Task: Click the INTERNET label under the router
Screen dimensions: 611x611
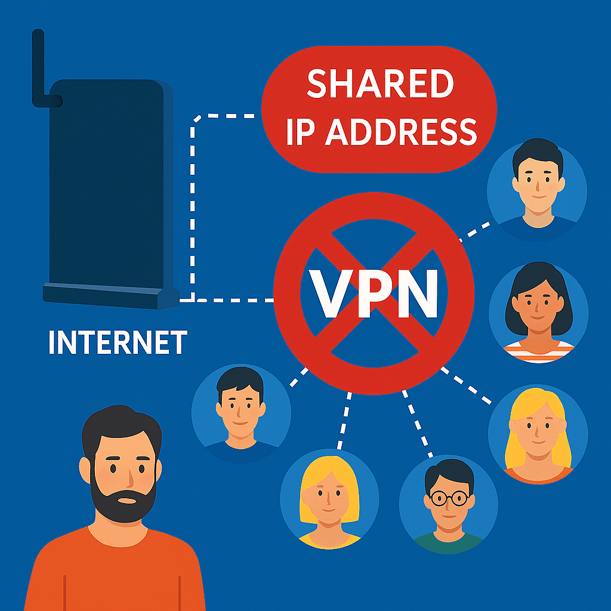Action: tap(118, 343)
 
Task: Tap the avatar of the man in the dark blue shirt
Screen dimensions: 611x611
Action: tap(241, 412)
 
